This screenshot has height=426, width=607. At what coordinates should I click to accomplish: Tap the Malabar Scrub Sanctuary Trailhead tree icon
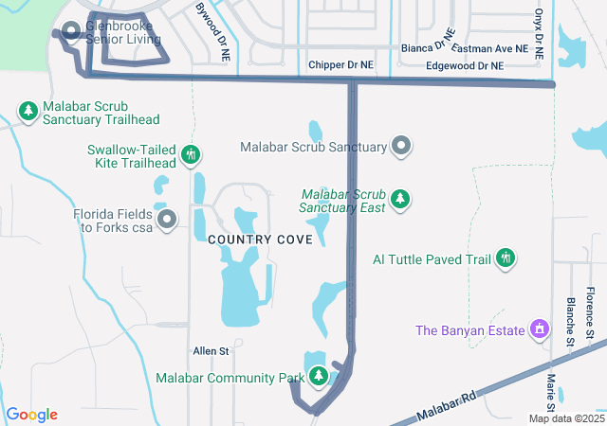click(x=29, y=111)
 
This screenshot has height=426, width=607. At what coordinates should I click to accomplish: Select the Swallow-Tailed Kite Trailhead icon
click(x=190, y=153)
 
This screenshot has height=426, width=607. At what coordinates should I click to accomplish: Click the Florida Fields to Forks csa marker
click(x=168, y=221)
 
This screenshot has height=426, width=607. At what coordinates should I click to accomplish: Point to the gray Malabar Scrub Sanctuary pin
click(x=401, y=146)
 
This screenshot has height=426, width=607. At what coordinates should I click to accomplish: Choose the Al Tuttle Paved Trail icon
click(x=506, y=257)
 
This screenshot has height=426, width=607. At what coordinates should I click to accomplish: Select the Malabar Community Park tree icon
click(x=318, y=376)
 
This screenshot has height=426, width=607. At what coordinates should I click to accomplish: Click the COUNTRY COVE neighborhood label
click(x=260, y=240)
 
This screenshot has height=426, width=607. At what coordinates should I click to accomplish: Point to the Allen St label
click(x=211, y=351)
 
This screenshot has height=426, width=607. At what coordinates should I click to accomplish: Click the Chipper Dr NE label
click(x=341, y=65)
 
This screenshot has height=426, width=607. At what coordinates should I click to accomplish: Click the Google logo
click(x=31, y=414)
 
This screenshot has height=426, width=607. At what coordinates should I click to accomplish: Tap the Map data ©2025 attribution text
click(x=565, y=418)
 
